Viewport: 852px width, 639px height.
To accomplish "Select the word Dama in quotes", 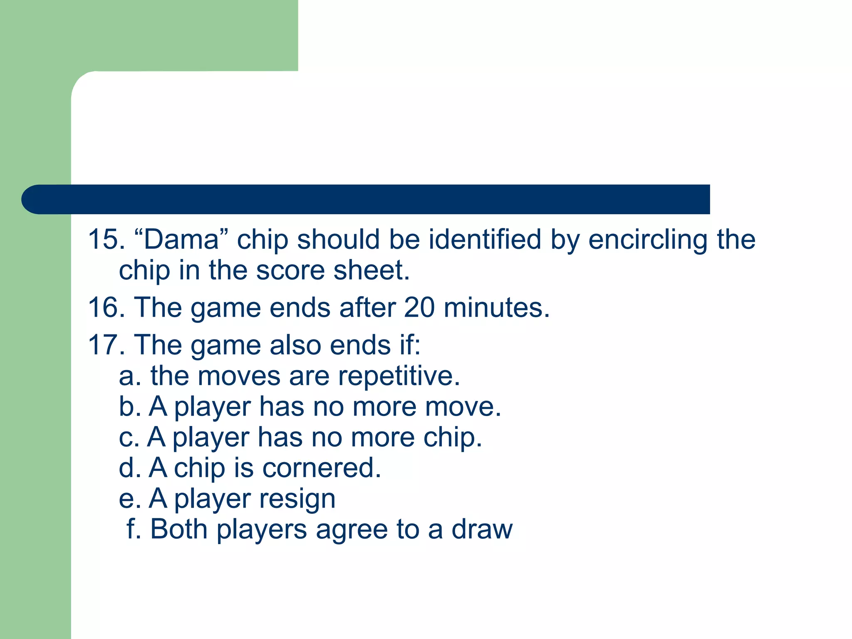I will pos(181,240).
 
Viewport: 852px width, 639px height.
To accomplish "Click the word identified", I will pos(485,240).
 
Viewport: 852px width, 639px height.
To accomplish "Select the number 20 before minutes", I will pos(419,308).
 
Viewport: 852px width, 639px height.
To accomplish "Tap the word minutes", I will pos(497,308).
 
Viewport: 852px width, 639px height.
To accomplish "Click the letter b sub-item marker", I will pos(127,406).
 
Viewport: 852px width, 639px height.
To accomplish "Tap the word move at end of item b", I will pos(462,407).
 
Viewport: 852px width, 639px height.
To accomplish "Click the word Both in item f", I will pos(179,530).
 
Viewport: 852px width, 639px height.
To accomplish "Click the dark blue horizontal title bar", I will pos(366,199).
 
